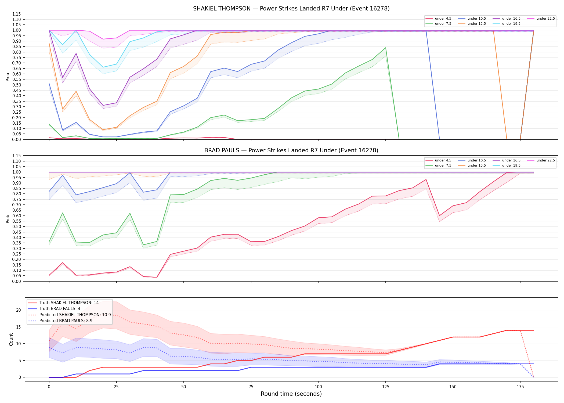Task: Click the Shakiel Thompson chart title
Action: (291, 9)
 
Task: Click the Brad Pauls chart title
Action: (291, 150)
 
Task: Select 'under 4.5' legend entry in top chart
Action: (438, 19)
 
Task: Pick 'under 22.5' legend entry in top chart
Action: (541, 19)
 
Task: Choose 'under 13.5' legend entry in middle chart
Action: (472, 165)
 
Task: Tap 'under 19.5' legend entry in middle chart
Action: (507, 165)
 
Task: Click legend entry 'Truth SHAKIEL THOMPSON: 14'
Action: (63, 303)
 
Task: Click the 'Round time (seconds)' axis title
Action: (291, 394)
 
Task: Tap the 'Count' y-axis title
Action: (11, 339)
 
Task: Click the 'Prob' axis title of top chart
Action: (8, 77)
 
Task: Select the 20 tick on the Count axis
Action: (19, 310)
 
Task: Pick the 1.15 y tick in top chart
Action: (17, 14)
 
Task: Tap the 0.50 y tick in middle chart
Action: (17, 226)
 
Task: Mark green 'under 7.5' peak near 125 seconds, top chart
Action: (386, 48)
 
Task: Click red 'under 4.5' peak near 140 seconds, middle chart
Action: (426, 179)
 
